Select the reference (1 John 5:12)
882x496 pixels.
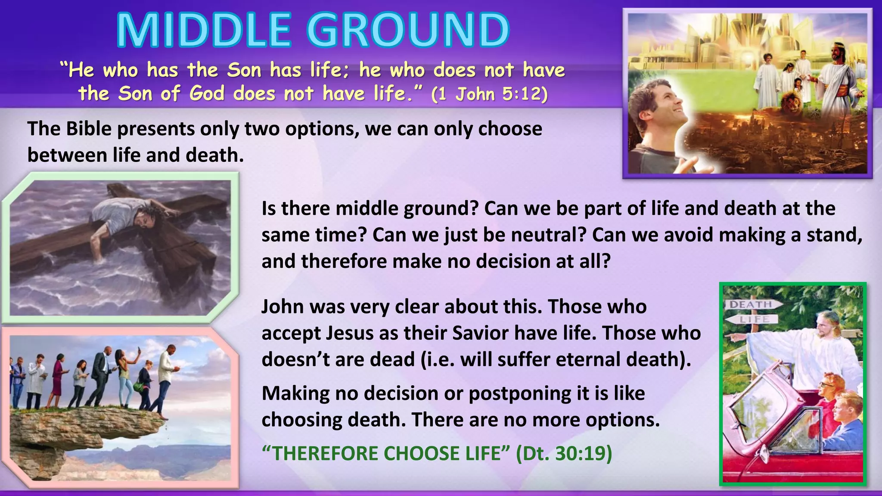[489, 94]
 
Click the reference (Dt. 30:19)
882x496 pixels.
[564, 453]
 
